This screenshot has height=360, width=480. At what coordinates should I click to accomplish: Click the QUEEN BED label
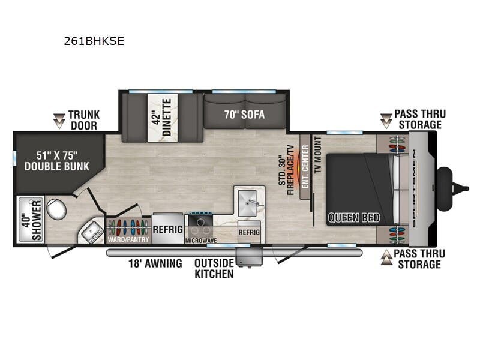pyautogui.click(x=353, y=218)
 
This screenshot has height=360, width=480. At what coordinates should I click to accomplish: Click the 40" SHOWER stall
pyautogui.click(x=28, y=218)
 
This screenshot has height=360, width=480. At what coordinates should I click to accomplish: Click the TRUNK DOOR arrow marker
pyautogui.click(x=59, y=121)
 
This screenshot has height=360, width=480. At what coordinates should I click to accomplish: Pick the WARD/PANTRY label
pyautogui.click(x=128, y=242)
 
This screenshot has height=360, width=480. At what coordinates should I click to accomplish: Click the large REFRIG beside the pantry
pyautogui.click(x=168, y=229)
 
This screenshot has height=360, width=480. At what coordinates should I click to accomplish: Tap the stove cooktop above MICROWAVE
pyautogui.click(x=200, y=224)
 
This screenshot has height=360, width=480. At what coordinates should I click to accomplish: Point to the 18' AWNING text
pyautogui.click(x=155, y=263)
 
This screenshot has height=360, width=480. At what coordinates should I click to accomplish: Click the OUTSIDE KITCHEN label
pyautogui.click(x=214, y=269)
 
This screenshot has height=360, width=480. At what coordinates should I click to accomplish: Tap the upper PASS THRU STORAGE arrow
pyautogui.click(x=386, y=120)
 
